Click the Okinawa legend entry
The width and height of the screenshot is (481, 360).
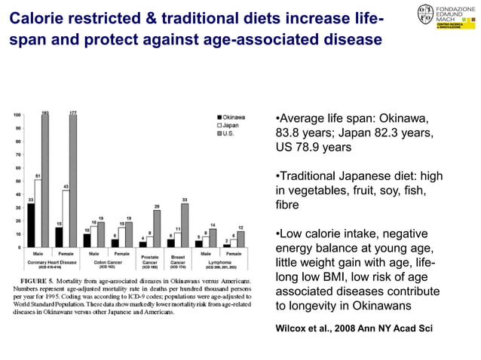point(232,117)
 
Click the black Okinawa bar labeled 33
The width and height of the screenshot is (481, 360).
point(30,225)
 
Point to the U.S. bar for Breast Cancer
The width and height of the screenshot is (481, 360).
point(185,225)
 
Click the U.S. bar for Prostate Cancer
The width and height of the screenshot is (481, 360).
point(157,228)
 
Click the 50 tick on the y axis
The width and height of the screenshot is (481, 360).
point(17,181)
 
